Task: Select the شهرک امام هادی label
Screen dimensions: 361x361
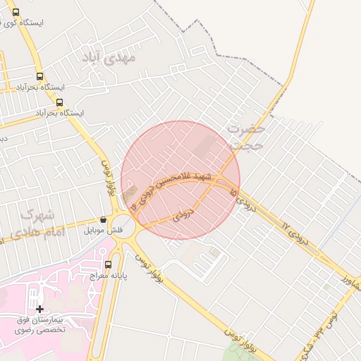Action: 39,223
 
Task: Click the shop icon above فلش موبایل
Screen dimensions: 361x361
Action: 104,219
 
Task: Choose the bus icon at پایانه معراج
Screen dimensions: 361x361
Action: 107,265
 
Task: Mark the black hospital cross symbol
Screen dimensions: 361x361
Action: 39,309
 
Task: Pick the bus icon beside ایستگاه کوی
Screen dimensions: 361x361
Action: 16,12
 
